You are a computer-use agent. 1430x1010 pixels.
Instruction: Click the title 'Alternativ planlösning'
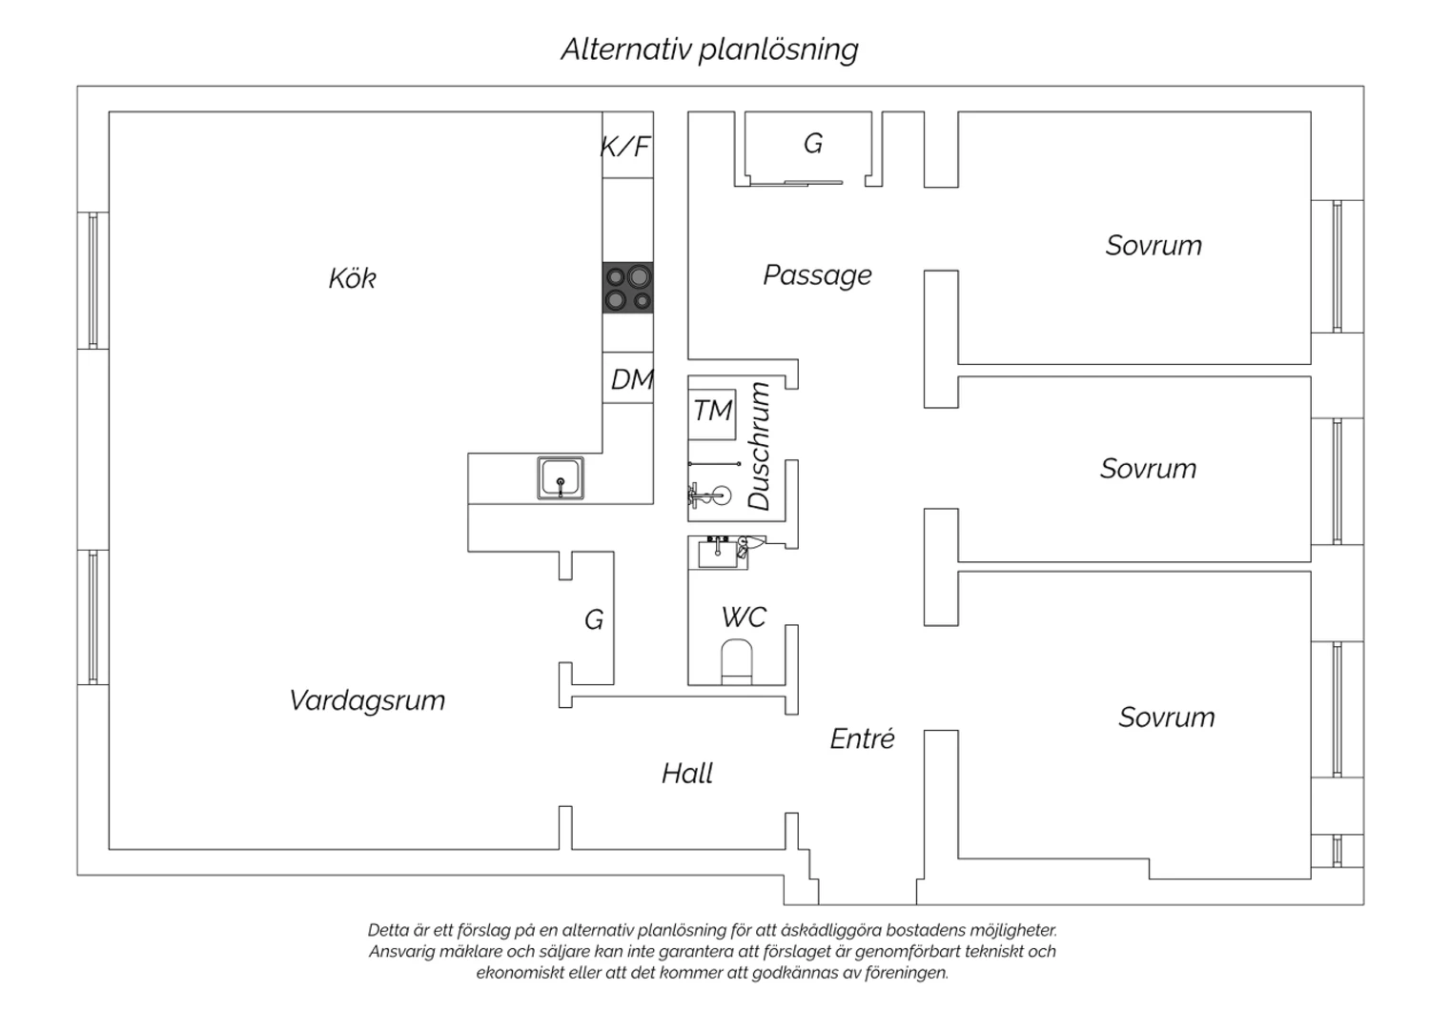(x=709, y=50)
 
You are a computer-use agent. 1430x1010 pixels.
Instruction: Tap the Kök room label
(x=352, y=278)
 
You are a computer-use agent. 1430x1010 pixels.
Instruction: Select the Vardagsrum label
(x=367, y=700)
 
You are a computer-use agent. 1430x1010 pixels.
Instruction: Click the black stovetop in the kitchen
(x=628, y=288)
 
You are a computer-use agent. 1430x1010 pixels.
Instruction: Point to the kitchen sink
(x=561, y=477)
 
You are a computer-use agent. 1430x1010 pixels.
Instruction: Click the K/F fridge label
(x=625, y=147)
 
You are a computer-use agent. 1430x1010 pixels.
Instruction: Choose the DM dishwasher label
(x=631, y=380)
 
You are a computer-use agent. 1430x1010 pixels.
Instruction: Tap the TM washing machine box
(x=712, y=412)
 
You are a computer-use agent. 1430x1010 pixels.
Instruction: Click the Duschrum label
(x=759, y=446)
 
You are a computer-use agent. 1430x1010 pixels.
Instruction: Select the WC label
(x=744, y=617)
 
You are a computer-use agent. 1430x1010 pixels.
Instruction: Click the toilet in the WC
(x=736, y=660)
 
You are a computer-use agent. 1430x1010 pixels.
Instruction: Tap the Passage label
(x=817, y=275)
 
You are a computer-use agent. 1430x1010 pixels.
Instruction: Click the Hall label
(x=687, y=773)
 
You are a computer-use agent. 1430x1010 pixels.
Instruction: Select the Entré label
(x=862, y=738)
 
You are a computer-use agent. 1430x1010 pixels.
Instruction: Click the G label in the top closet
(x=812, y=143)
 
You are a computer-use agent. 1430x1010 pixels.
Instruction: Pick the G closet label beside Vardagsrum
(x=593, y=620)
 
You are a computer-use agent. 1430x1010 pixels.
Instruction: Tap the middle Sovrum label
(x=1148, y=469)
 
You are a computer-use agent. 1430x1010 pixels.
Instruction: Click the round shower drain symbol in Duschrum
(x=721, y=495)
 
